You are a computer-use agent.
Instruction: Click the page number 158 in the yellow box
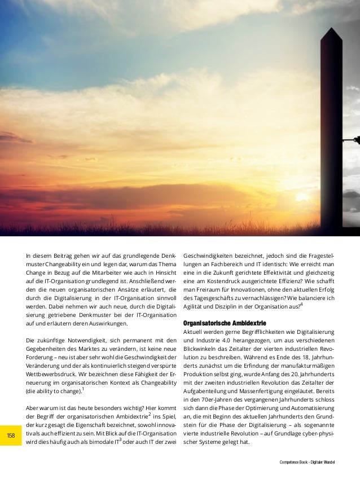tap(10, 435)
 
